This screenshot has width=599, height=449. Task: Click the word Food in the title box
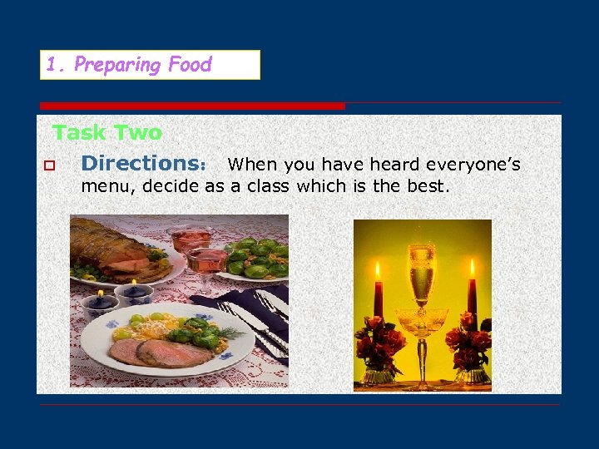click(x=190, y=65)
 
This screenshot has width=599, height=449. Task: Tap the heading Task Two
click(x=106, y=132)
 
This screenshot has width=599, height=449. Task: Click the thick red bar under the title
click(x=192, y=106)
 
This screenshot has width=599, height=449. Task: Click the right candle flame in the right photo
click(x=472, y=269)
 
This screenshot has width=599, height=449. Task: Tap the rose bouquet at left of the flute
click(x=379, y=341)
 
